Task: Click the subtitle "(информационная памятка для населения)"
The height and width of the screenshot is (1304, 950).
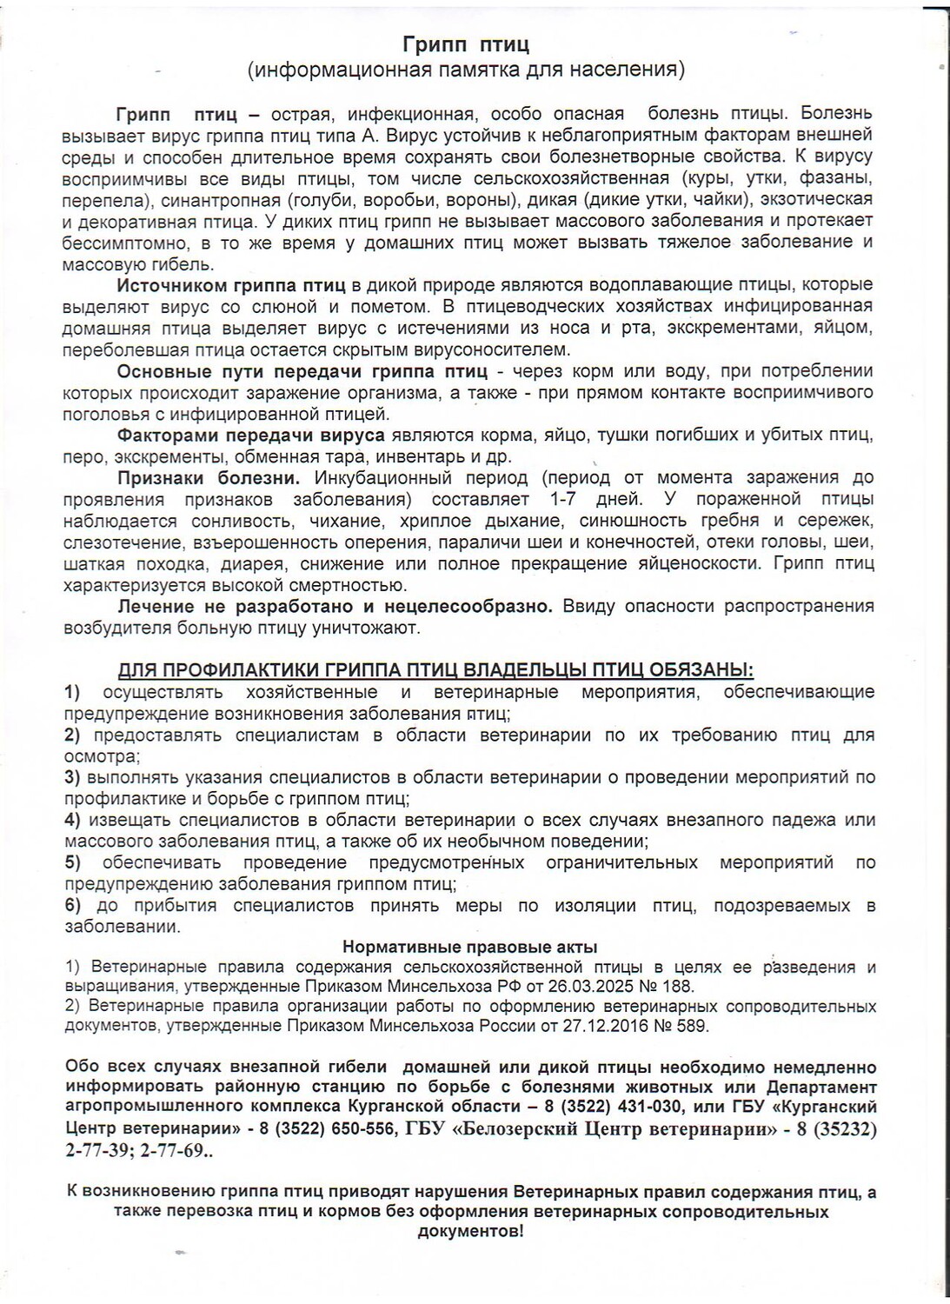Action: coord(466,70)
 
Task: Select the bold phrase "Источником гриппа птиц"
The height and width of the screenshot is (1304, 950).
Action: coord(230,285)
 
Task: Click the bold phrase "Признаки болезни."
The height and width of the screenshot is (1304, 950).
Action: coord(209,477)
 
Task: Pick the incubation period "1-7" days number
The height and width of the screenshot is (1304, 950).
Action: coord(568,499)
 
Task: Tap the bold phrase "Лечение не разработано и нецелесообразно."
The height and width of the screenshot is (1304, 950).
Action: coord(335,606)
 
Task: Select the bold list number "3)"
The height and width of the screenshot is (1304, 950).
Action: coord(72,777)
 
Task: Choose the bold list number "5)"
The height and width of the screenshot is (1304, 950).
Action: coord(72,862)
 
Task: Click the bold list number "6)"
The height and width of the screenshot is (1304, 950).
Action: coord(72,906)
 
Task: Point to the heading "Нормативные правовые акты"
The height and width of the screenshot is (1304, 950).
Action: coord(469,947)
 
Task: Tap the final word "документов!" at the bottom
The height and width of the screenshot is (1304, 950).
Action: coord(470,1232)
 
